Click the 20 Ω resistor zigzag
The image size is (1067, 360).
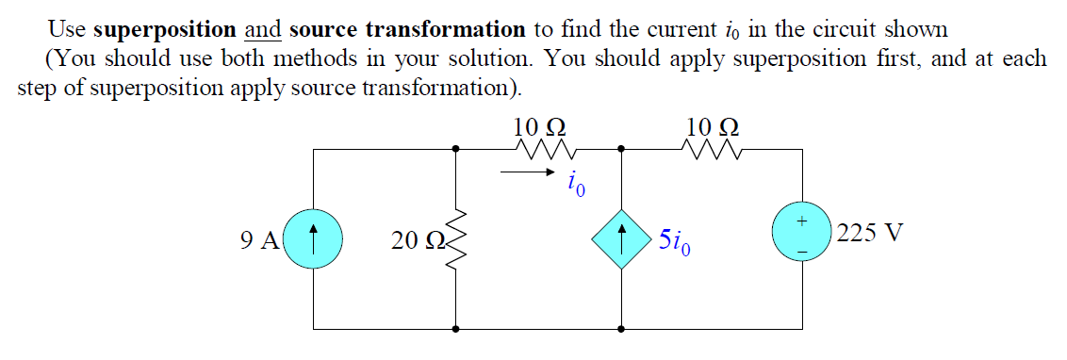click(457, 239)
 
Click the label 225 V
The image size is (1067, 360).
click(869, 233)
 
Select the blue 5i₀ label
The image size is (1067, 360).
click(677, 242)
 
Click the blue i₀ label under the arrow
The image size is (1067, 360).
click(577, 183)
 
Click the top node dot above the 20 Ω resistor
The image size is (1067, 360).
click(457, 149)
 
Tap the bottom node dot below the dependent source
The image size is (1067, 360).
click(621, 329)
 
